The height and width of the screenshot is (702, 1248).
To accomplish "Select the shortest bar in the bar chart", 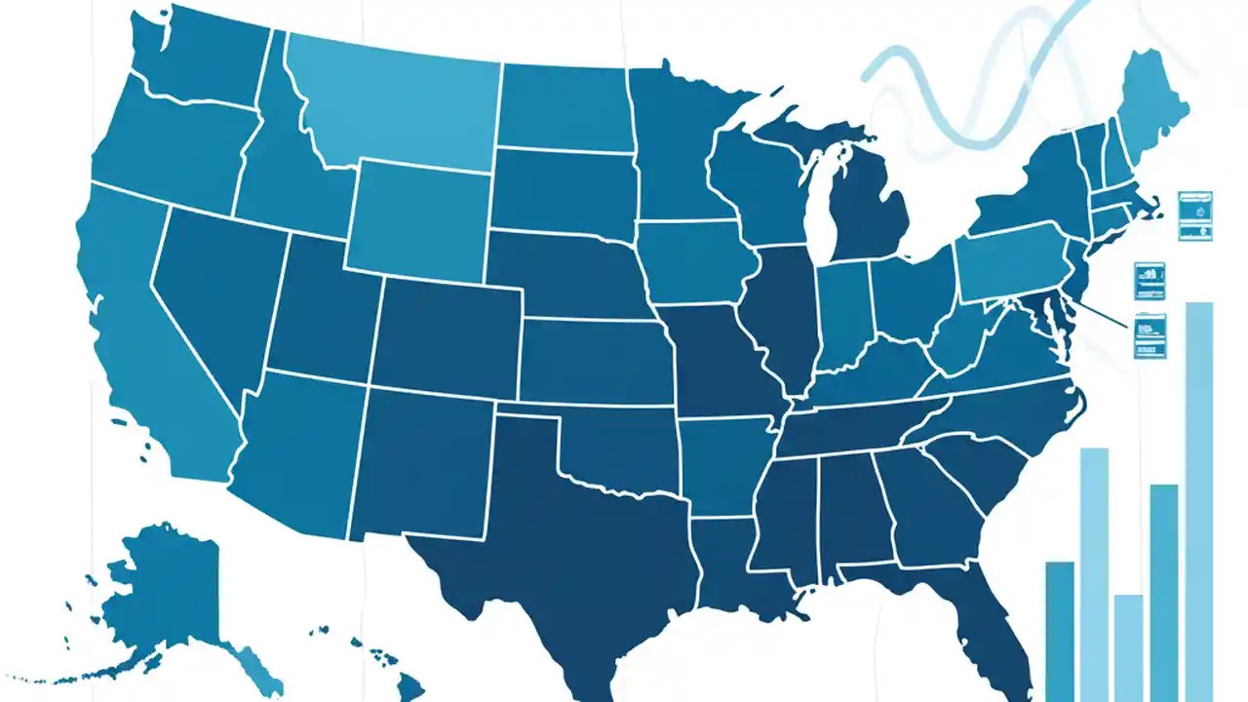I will (x=1128, y=643).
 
